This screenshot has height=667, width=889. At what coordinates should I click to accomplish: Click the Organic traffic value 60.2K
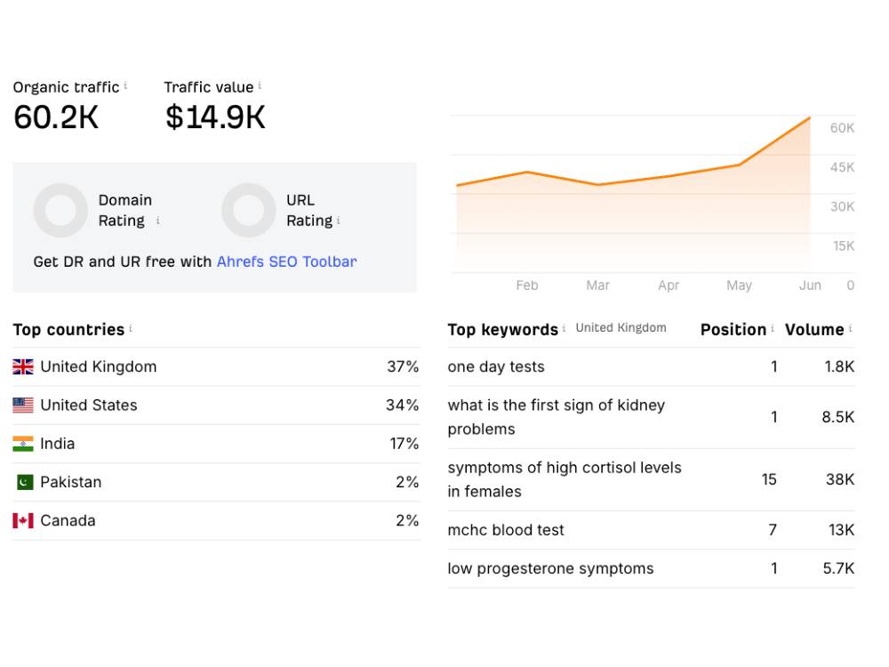[x=56, y=117]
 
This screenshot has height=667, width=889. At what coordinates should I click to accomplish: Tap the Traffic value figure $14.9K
[x=215, y=117]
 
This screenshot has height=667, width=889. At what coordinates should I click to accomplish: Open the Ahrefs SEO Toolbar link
[x=287, y=261]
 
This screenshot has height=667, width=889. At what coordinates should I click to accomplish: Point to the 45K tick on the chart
[x=842, y=167]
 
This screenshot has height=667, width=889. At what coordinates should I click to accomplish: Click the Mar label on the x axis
[x=597, y=285]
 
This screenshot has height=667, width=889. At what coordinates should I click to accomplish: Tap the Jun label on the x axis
[x=810, y=285]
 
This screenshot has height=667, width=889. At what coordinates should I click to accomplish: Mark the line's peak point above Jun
[x=809, y=118]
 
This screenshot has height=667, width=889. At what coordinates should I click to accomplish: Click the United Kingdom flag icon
[x=23, y=367]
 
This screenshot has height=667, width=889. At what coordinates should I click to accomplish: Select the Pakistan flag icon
[x=23, y=482]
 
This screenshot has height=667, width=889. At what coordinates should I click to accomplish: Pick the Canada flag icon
[x=23, y=520]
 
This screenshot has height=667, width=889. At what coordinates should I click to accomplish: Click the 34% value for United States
[x=402, y=405]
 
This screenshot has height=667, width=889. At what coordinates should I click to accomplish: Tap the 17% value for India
[x=404, y=444]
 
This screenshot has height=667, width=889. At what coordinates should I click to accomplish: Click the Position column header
[x=733, y=330]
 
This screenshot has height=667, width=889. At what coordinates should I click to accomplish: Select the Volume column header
[x=814, y=330]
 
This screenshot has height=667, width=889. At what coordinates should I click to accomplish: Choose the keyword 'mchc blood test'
[x=506, y=530]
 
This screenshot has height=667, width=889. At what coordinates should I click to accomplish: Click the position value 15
[x=769, y=479]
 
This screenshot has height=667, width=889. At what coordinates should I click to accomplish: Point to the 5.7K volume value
[x=838, y=568]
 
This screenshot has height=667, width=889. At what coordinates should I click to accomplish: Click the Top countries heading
[x=68, y=330]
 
